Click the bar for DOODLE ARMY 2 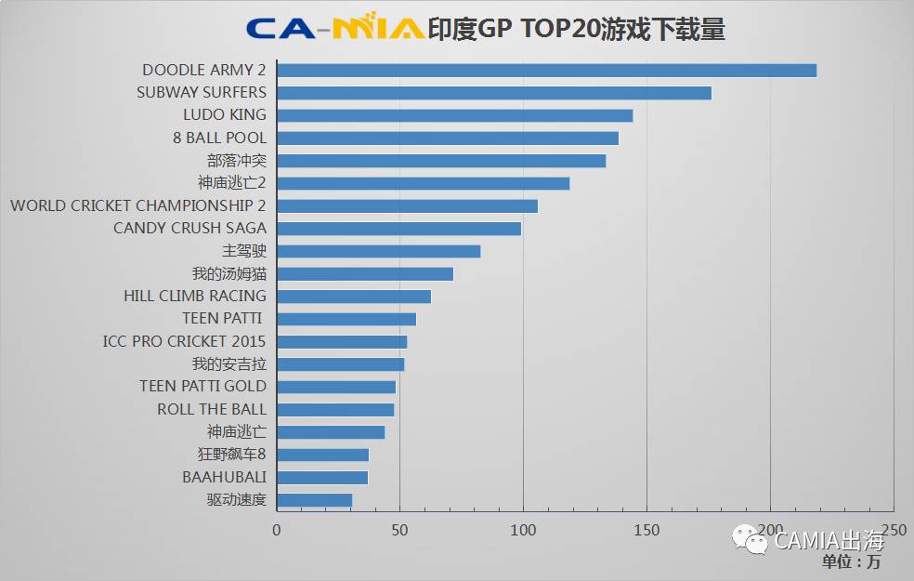coord(546,70)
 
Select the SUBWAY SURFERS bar coord(494,92)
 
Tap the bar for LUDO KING coord(454,115)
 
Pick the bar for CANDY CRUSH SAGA coord(398,228)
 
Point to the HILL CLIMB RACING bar coord(354,296)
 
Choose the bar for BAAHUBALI coord(322,477)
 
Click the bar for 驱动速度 coord(314,500)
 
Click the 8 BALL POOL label coord(219,138)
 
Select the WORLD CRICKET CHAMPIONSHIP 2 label coord(138,205)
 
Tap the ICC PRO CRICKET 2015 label coord(184,341)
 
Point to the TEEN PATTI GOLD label coord(202,386)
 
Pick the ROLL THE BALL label coord(211,409)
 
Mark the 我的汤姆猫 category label coord(228,273)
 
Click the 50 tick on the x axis coord(399,530)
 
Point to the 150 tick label coord(646,530)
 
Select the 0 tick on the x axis coord(276,530)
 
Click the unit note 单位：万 coord(851,561)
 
